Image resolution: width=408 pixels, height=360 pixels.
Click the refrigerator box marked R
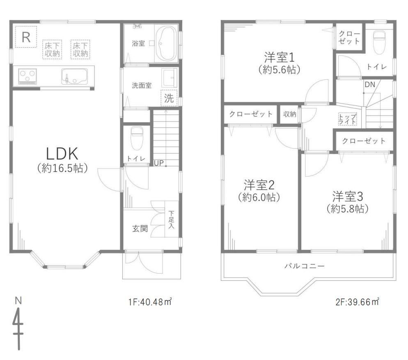26,37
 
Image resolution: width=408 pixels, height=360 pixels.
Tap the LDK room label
62,154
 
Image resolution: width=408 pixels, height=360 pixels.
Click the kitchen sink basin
74,76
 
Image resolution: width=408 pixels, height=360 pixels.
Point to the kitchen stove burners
28,76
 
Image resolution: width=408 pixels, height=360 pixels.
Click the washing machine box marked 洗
169,98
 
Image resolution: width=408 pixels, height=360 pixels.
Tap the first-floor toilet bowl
136,138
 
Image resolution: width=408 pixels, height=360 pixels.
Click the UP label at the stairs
159,163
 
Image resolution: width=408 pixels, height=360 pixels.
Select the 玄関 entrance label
140,229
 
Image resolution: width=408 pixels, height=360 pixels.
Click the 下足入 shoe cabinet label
171,220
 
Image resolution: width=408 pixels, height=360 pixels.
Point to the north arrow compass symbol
18,324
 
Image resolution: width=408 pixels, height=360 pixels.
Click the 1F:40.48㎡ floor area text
150,302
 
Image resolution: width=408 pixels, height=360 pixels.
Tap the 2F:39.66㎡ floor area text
357,302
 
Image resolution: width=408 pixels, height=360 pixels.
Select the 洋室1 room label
279,57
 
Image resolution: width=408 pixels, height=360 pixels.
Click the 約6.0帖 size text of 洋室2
259,197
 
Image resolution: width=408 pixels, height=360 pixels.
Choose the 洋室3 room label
348,197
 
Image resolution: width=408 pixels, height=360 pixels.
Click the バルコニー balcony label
305,266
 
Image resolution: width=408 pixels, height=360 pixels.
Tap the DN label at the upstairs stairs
370,84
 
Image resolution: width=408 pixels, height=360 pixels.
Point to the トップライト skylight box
347,119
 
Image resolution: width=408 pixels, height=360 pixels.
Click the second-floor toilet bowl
379,42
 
